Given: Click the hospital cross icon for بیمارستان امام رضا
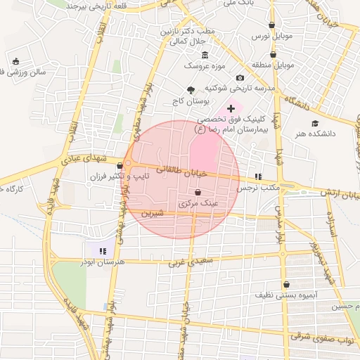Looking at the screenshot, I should point(231,108).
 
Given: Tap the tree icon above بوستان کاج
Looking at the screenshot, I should point(191,89).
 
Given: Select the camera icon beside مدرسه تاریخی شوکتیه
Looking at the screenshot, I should point(240,77).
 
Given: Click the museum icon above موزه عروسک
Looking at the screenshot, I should point(205,56).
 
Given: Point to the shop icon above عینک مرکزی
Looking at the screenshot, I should point(197,192).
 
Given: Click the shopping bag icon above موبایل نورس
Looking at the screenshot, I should point(271,25).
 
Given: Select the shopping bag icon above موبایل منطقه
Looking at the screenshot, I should point(273,54).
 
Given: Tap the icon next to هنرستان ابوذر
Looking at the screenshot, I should point(102,250).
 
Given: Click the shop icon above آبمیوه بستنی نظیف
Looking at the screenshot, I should point(286,285).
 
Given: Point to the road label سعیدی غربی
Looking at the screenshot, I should point(189,263).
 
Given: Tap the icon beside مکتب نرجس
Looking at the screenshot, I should point(257,176).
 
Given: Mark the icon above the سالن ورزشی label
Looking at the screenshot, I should point(16,60).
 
